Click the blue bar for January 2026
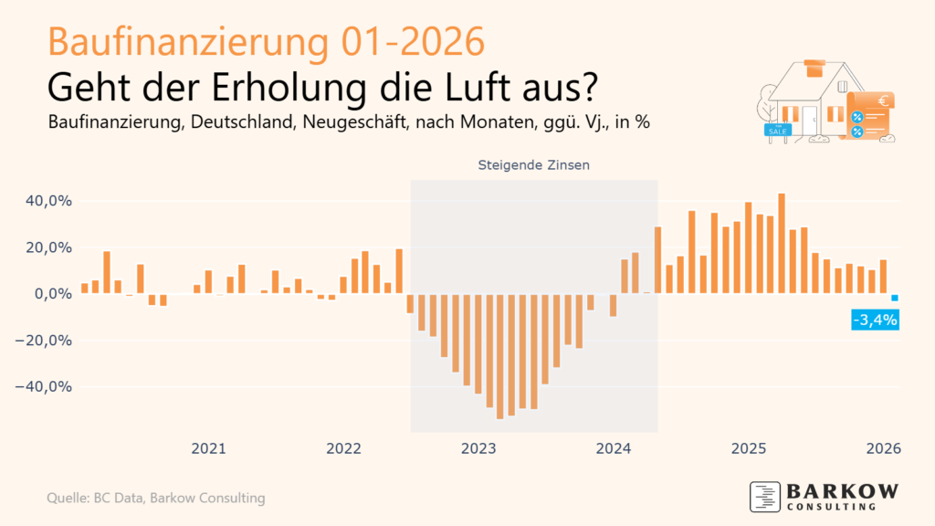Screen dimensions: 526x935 895,298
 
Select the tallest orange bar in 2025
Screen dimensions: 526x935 782,243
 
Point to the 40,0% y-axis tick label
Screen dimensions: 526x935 46,201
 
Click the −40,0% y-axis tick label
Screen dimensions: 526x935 42,386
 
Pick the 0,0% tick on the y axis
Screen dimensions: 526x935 49,294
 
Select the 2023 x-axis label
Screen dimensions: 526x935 478,448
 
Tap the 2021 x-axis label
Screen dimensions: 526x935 208,448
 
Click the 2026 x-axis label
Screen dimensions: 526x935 884,448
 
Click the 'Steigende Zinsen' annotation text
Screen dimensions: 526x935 534,166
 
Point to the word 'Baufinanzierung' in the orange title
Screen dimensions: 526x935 191,42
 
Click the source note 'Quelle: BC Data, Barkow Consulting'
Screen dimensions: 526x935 156,498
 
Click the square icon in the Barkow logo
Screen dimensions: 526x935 764,496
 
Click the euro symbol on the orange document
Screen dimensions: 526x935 882,102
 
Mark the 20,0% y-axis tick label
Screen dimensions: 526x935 46,247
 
